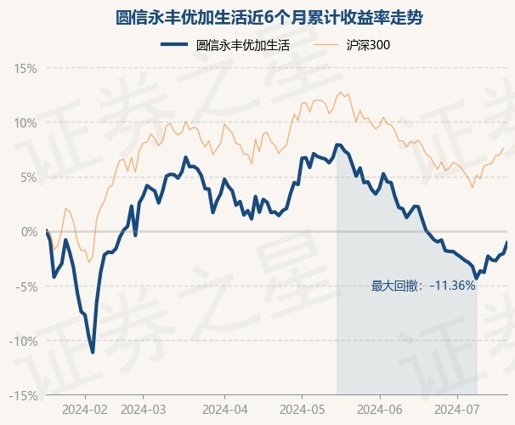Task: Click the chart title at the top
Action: click(257, 17)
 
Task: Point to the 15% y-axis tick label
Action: click(25, 68)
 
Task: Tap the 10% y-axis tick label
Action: click(25, 122)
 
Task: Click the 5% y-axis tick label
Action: click(28, 177)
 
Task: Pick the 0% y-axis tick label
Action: click(28, 231)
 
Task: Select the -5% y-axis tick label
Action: click(26, 286)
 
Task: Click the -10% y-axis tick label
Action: click(23, 341)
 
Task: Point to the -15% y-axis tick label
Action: click(23, 395)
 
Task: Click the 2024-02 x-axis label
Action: click(86, 409)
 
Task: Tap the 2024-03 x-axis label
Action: click(144, 409)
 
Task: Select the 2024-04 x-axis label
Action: click(224, 409)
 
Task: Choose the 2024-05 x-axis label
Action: click(302, 409)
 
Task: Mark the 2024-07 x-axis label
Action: click(457, 409)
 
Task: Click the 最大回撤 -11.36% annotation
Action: click(422, 286)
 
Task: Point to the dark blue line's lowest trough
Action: click(93, 351)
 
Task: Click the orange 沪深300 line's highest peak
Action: click(341, 93)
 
